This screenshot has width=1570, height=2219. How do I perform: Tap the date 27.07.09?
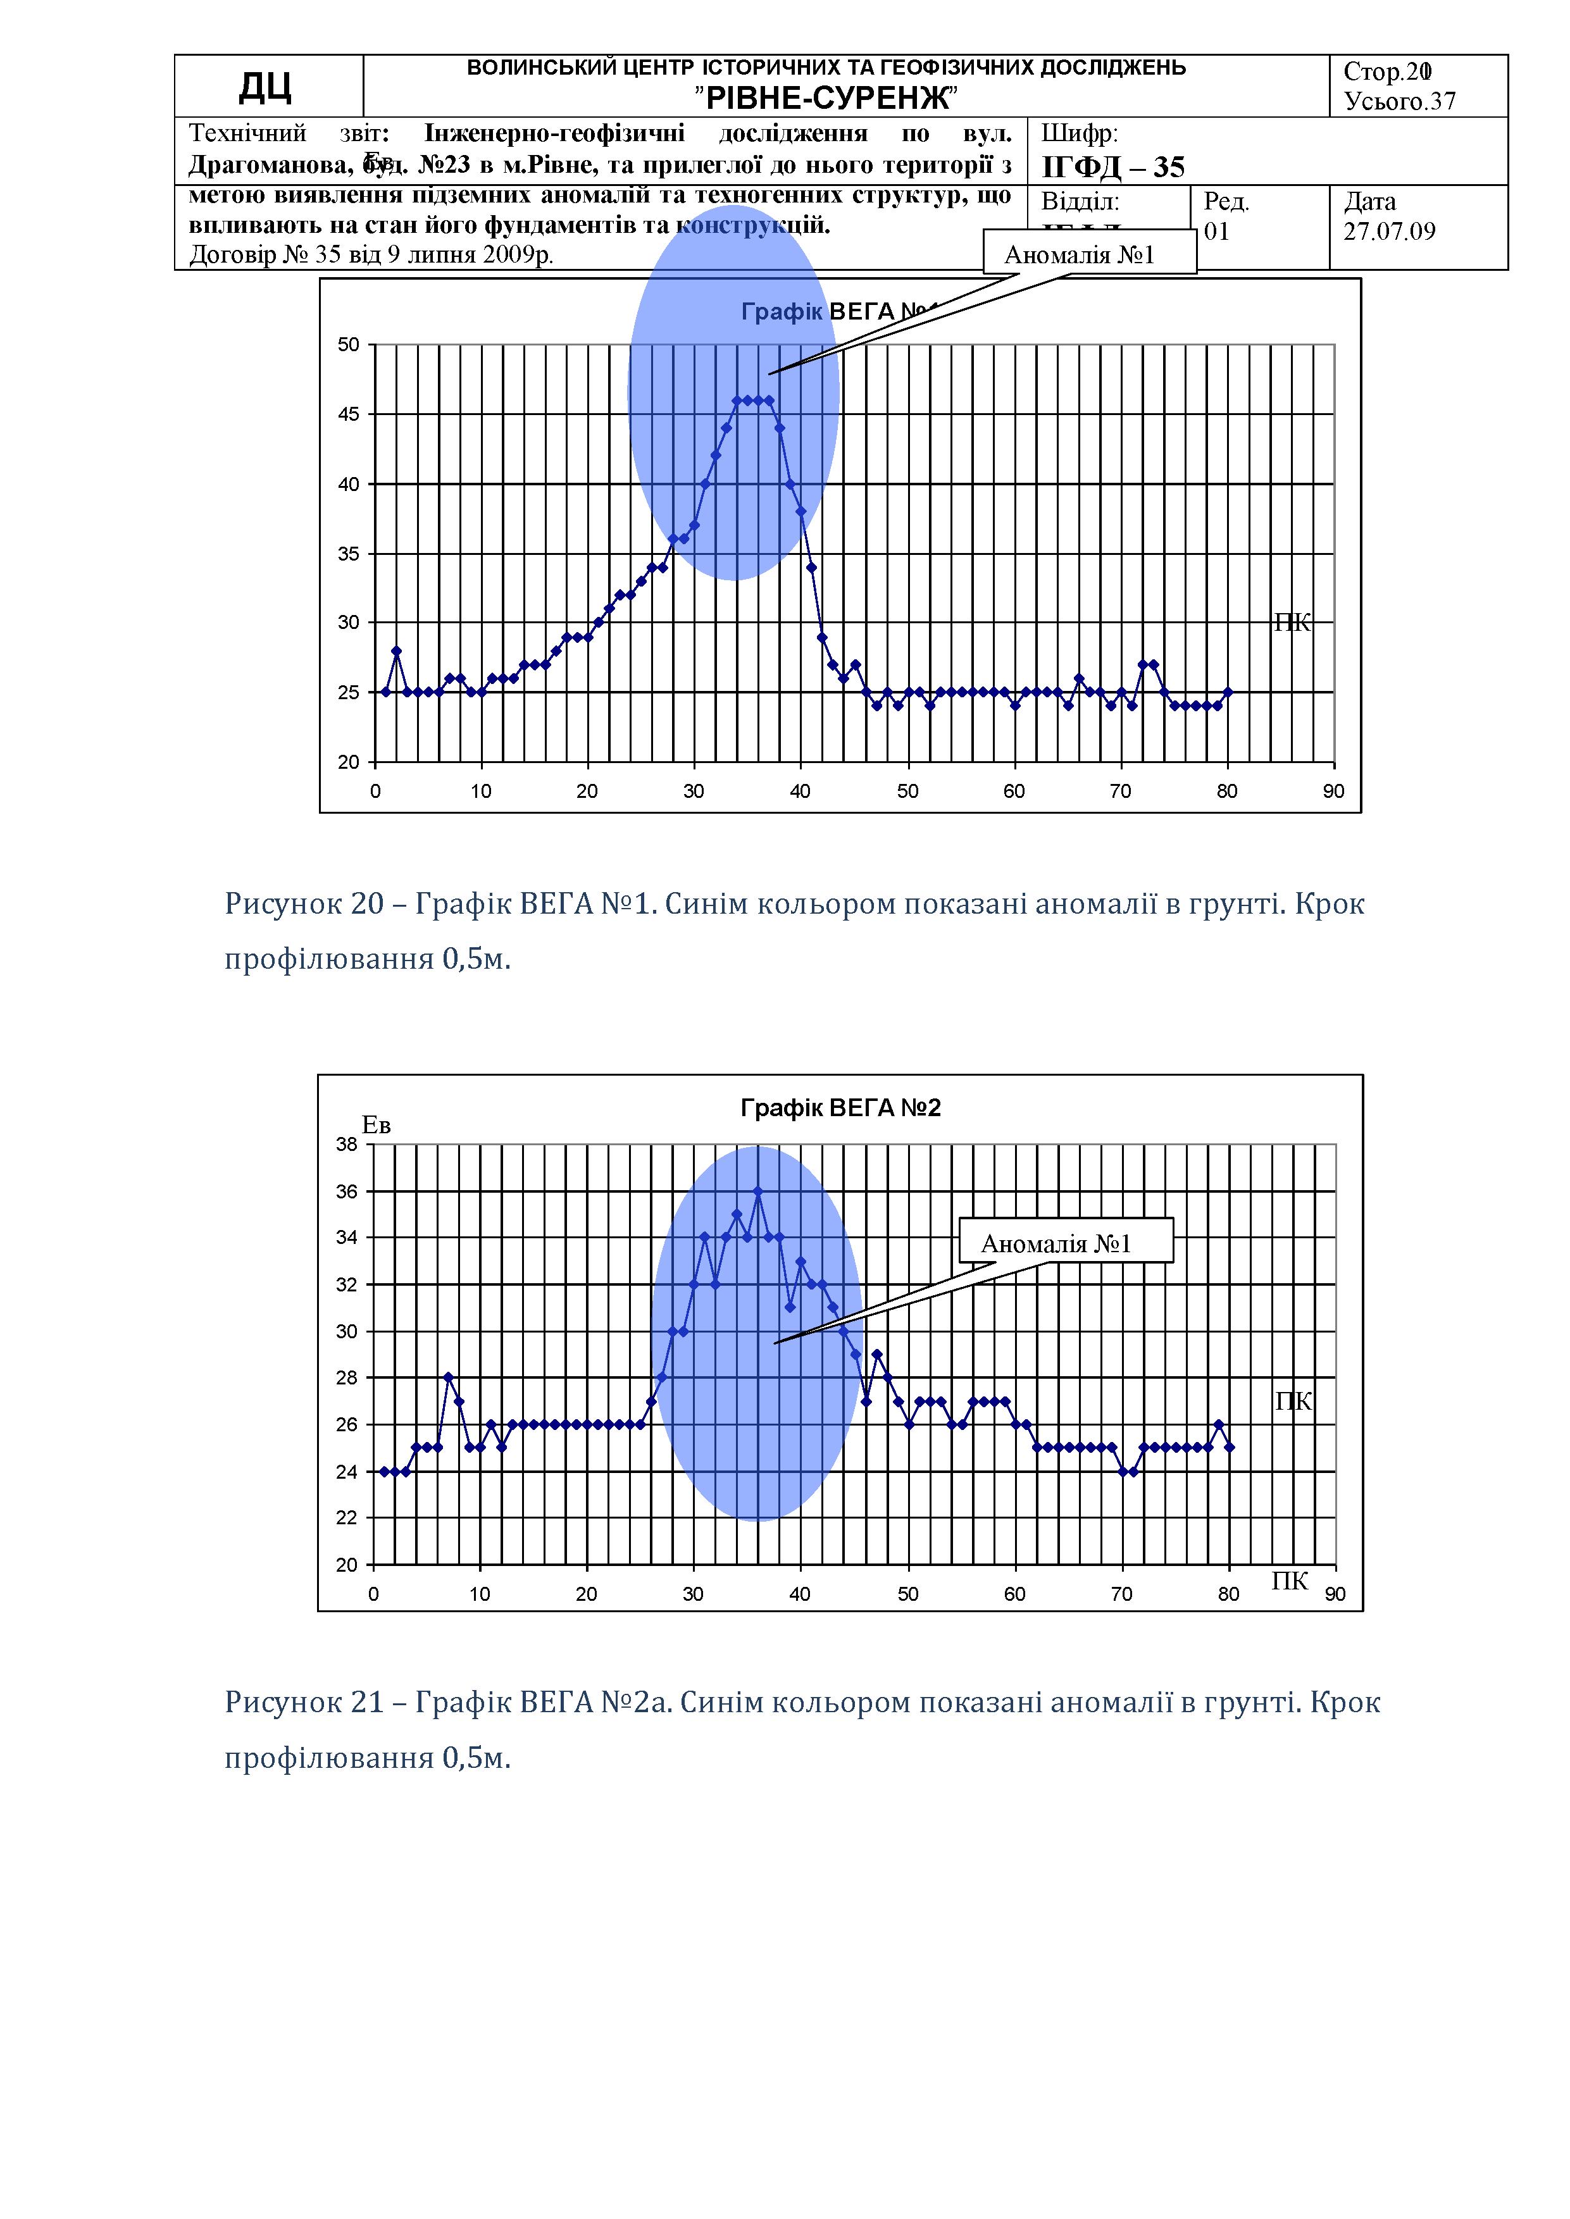point(1389,232)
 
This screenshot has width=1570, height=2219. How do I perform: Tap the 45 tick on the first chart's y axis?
point(348,414)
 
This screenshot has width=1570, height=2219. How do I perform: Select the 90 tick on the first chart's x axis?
point(1333,792)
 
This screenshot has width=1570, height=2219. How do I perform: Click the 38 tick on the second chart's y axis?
point(346,1144)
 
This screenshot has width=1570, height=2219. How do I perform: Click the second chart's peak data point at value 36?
point(758,1191)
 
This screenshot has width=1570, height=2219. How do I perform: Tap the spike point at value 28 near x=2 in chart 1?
point(396,650)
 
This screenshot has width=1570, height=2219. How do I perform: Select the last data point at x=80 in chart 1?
point(1228,692)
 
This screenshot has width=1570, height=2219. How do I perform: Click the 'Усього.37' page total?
point(1399,101)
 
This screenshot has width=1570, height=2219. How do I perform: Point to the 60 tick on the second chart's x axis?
point(1014,1594)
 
